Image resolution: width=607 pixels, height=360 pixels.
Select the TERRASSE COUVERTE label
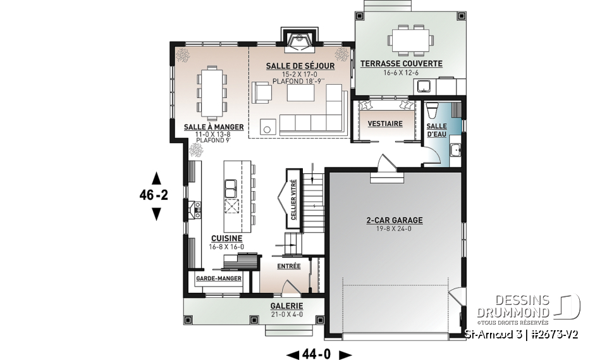click(401, 64)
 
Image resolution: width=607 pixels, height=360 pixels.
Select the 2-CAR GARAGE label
click(394, 221)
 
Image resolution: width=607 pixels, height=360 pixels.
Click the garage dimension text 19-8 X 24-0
click(394, 229)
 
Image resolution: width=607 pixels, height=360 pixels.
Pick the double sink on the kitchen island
click(231, 188)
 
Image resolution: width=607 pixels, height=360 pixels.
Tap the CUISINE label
click(227, 239)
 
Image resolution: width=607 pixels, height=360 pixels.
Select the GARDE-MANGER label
click(215, 278)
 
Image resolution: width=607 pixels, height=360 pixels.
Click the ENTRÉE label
click(288, 266)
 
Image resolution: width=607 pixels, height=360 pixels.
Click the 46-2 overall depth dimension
click(154, 196)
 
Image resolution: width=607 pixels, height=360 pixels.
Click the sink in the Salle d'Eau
click(454, 149)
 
